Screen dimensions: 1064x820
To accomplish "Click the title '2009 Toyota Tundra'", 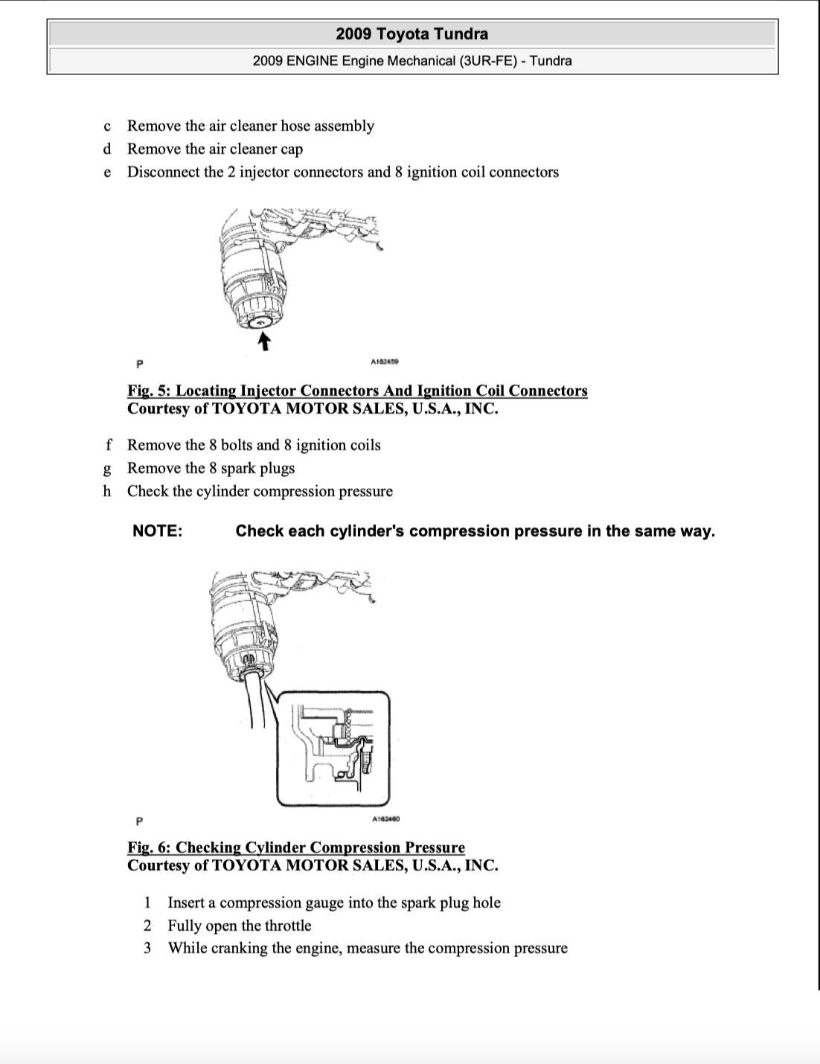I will (411, 33).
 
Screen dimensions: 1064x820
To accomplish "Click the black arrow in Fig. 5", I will (263, 342).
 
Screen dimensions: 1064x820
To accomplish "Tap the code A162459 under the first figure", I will (385, 362).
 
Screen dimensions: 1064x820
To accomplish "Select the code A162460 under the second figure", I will (385, 819).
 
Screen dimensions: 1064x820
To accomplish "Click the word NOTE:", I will (157, 531).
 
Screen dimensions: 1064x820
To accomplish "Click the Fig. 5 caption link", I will (357, 391).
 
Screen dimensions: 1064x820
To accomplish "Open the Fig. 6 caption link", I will (296, 847).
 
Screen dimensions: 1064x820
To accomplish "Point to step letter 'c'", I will (108, 126).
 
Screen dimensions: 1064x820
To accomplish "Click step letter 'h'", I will (107, 491).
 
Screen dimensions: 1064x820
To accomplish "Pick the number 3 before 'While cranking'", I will (147, 948).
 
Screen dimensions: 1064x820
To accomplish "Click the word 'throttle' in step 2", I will (288, 926).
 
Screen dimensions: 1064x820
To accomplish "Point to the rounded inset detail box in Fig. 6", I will (333, 749).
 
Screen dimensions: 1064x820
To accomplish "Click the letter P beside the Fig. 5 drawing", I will (140, 364).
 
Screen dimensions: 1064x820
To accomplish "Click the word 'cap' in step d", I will (291, 149).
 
